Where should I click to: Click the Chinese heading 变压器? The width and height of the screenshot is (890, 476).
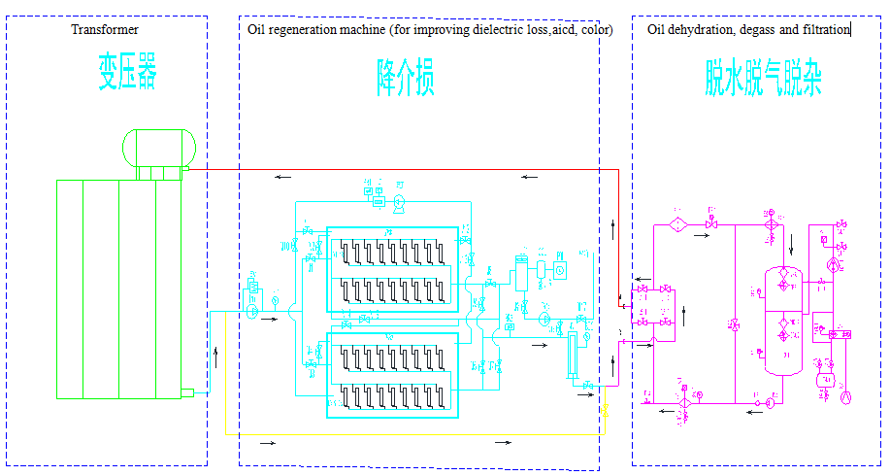[126, 74]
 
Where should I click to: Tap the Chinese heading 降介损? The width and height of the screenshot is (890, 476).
[406, 77]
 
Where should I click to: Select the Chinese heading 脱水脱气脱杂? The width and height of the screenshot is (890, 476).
[763, 77]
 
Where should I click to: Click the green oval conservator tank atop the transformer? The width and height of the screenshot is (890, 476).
[159, 147]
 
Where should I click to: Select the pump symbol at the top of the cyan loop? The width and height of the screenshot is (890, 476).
[399, 201]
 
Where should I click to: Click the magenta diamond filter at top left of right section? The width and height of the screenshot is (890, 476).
[678, 224]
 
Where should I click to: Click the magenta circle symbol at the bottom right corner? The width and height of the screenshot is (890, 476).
[844, 397]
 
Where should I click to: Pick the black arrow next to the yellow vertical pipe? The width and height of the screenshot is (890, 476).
[214, 351]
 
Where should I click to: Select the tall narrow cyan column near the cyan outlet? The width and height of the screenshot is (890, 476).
[573, 356]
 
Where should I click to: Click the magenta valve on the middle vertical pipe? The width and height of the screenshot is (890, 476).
[734, 325]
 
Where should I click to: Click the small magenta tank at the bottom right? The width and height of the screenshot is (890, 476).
[827, 378]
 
